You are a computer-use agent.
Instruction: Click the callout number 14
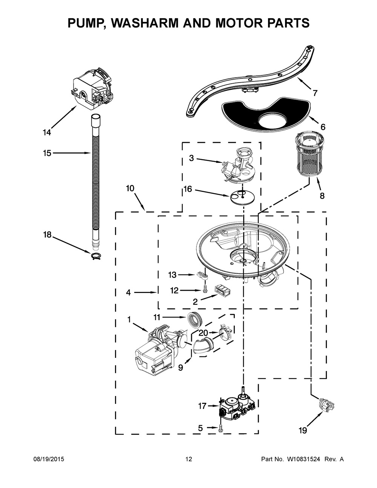click(x=47, y=132)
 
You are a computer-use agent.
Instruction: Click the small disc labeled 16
click(x=242, y=196)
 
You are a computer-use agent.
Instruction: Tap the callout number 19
click(x=302, y=430)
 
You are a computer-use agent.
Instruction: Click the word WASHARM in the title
click(x=156, y=23)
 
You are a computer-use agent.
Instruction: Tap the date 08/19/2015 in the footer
click(x=48, y=459)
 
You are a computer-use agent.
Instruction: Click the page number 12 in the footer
click(x=188, y=459)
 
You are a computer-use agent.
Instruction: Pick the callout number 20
click(x=203, y=333)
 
